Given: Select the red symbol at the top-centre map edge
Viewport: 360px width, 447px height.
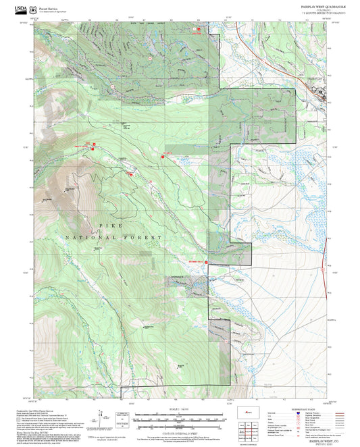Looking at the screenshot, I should (x=199, y=30).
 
